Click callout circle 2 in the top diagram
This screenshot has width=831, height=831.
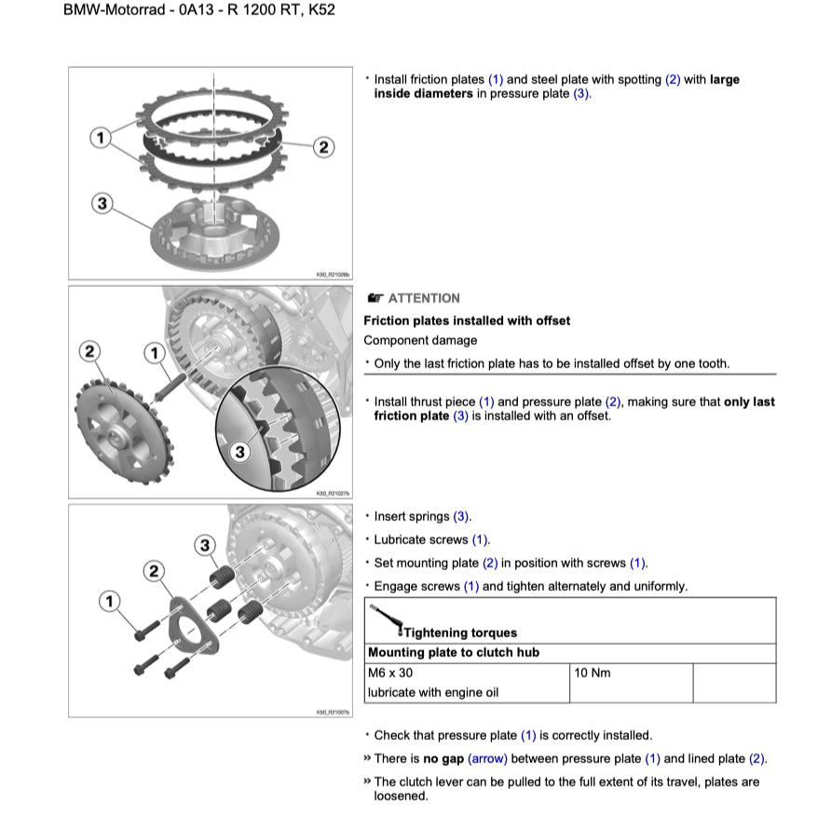tap(322, 146)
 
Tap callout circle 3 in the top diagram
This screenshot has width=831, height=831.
tap(102, 203)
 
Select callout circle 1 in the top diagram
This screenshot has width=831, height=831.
tap(100, 139)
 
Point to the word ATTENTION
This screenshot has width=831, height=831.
tap(424, 298)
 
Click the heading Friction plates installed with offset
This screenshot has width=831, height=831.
tap(467, 320)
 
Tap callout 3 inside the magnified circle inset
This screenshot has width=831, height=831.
tap(239, 452)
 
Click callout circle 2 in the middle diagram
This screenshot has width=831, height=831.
tap(89, 351)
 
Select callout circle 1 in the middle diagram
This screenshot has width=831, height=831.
tap(154, 352)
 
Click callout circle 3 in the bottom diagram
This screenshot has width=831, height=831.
tap(205, 545)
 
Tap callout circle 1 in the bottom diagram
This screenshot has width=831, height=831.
tap(111, 602)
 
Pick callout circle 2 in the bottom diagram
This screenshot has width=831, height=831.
tap(155, 570)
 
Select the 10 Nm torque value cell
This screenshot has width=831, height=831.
tap(593, 673)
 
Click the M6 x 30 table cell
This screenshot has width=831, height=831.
tap(390, 673)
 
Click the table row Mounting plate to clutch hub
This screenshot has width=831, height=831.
tap(454, 653)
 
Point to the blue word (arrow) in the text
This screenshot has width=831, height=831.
tap(489, 759)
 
